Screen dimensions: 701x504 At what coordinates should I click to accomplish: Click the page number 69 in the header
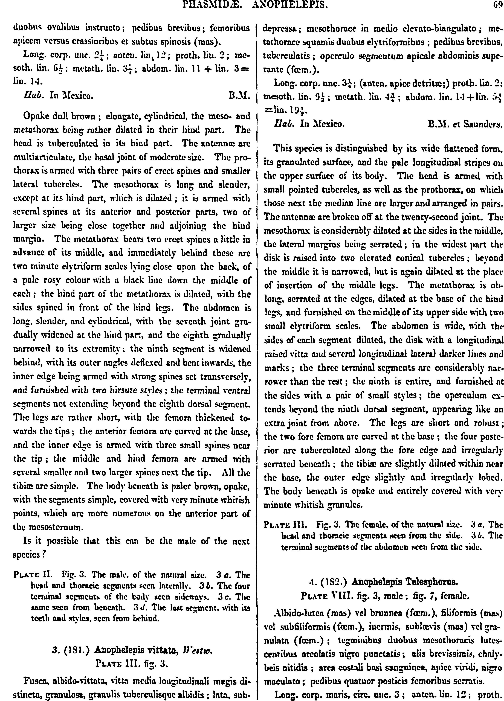497,4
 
